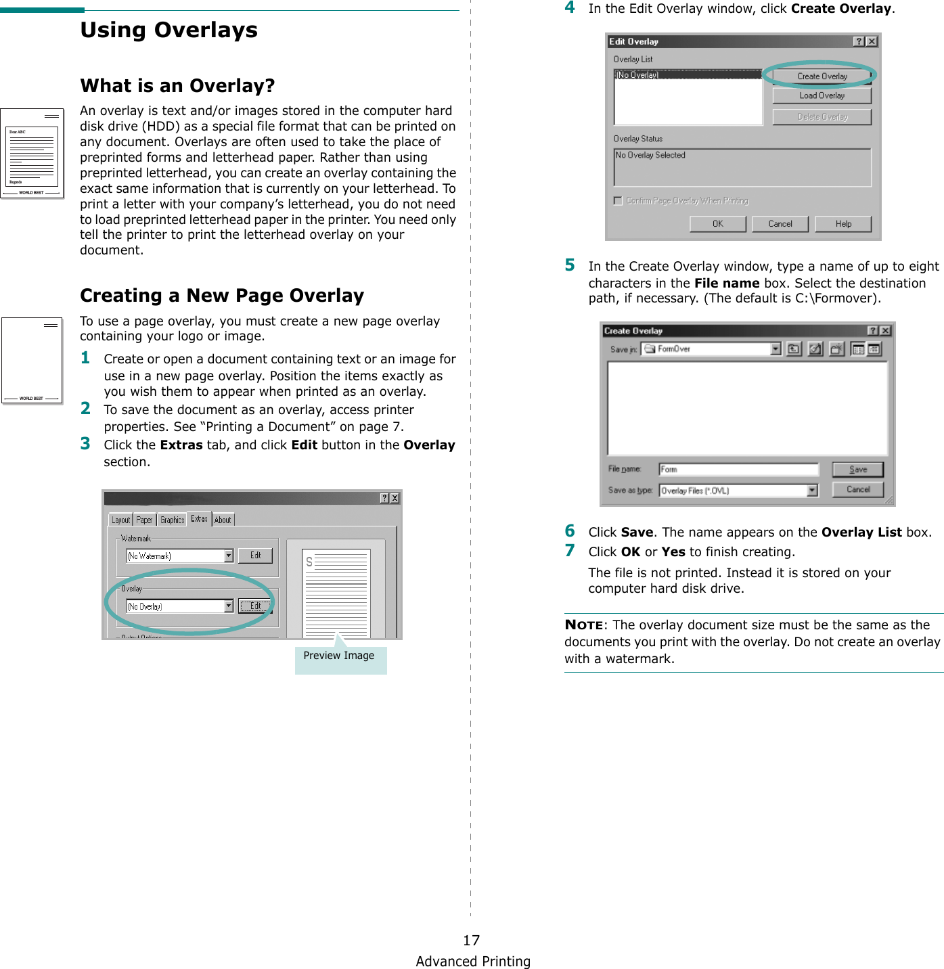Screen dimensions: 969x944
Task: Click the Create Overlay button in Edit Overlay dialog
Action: coord(822,76)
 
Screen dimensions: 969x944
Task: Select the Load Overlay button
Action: coord(822,96)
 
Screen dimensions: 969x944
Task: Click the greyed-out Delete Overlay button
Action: coord(822,117)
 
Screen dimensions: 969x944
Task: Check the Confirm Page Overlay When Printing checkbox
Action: coord(617,201)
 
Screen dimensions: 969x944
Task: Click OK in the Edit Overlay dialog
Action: coord(717,224)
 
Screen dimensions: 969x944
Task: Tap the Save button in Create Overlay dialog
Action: coord(857,470)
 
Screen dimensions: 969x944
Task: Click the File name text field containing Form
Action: coord(738,470)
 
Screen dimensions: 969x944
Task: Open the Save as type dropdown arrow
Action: coord(812,491)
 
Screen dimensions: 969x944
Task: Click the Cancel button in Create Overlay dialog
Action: coord(857,489)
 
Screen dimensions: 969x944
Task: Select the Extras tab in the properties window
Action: coord(199,519)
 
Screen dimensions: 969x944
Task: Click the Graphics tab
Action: coord(172,520)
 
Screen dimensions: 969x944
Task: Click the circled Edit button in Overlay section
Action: coord(255,606)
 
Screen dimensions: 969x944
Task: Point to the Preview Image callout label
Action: coord(339,656)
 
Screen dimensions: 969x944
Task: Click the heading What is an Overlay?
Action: coord(177,86)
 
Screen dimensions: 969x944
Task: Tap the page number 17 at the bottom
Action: coord(471,940)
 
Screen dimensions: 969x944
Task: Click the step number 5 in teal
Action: coord(570,265)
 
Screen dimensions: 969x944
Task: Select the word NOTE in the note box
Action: coord(583,625)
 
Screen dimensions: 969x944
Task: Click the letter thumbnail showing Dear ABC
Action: coord(32,154)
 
